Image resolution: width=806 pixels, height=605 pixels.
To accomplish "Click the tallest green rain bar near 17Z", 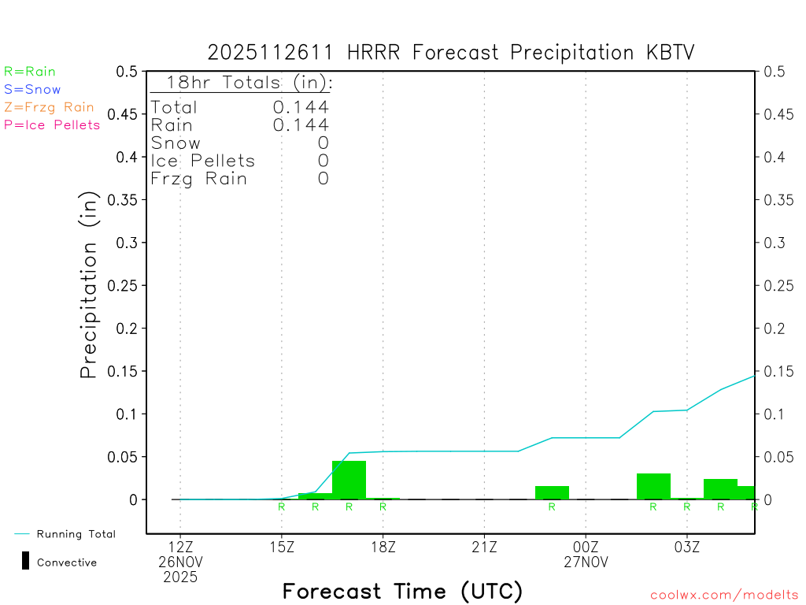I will click(x=349, y=480).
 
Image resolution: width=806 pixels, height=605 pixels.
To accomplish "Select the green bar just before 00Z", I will click(x=552, y=492).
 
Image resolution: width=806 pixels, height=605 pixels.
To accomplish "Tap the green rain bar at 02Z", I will click(x=653, y=486).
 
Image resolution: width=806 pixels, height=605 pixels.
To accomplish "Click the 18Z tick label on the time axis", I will click(x=383, y=546).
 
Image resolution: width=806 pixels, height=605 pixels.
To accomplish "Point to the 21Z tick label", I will click(x=484, y=546).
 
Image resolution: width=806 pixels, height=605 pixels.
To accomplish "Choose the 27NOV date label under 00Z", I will click(x=586, y=562).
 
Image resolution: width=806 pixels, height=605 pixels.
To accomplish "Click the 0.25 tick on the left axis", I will click(x=126, y=285).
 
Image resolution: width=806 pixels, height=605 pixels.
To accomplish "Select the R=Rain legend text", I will click(x=30, y=72).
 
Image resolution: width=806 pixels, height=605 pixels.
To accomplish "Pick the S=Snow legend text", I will click(x=32, y=90).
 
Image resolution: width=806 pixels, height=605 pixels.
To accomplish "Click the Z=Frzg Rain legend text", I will click(x=49, y=107).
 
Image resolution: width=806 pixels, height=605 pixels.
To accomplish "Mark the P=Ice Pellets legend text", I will click(x=52, y=124).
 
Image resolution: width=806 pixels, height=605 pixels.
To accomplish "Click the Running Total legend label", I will click(x=76, y=534).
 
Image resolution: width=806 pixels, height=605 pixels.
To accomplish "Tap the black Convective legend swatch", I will click(x=25, y=561).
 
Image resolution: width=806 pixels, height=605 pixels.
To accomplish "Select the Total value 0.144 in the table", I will click(x=301, y=107).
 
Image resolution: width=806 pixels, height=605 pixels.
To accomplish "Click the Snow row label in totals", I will click(x=176, y=143).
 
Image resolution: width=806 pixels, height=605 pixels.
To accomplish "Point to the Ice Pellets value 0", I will click(x=323, y=161).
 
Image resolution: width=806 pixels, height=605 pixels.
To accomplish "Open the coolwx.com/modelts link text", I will click(x=724, y=596).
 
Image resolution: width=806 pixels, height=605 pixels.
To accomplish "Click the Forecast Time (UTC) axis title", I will click(x=402, y=591).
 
